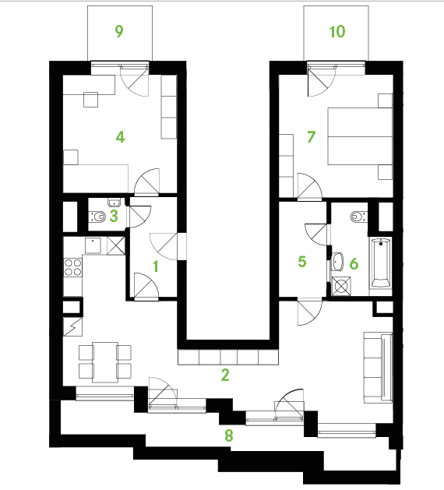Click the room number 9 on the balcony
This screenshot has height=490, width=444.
click(x=119, y=31)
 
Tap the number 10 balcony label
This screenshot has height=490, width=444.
click(x=337, y=31)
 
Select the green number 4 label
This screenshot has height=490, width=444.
click(x=121, y=137)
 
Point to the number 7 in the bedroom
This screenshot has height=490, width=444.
click(x=312, y=137)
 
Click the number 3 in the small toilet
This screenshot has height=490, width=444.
click(x=114, y=216)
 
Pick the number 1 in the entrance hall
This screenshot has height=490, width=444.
click(x=156, y=266)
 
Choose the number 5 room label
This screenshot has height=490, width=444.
click(x=302, y=262)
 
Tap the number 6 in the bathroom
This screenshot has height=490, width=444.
click(x=354, y=264)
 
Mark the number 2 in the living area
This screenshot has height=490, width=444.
click(x=225, y=375)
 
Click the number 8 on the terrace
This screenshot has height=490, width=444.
click(x=229, y=435)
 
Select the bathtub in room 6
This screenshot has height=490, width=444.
click(x=380, y=263)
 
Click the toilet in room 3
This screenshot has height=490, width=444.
click(x=97, y=217)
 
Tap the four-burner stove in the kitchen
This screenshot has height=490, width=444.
click(x=73, y=267)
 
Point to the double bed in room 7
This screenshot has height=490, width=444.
click(x=360, y=136)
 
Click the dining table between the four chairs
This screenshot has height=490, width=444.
click(x=105, y=362)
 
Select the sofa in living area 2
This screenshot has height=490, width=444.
click(x=378, y=368)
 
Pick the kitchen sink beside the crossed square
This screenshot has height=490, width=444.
click(x=93, y=245)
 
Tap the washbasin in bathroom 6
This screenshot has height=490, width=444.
click(x=337, y=262)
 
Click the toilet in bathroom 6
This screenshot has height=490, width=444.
click(x=358, y=217)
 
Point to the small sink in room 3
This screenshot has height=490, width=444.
click(x=114, y=203)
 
